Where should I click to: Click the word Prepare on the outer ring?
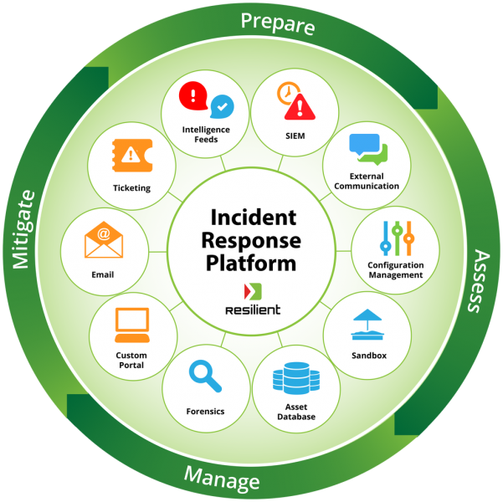(278, 23)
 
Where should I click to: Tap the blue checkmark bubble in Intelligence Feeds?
(222, 105)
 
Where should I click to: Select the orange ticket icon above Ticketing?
(131, 154)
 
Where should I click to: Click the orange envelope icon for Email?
(104, 241)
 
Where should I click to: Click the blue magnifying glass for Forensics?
(205, 376)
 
